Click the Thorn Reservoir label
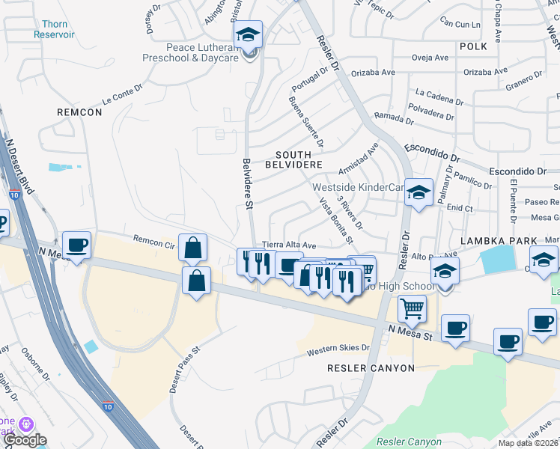coord(54,29)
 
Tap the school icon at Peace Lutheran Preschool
coord(249,35)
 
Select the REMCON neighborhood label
coord(79,112)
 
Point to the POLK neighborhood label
coord(473,46)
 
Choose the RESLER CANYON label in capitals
coord(371,368)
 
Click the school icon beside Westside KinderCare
coord(419,192)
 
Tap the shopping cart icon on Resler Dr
coord(412,307)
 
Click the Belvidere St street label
coord(247,179)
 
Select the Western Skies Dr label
coord(338,349)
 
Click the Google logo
coord(25,440)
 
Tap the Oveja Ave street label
coord(430,58)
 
